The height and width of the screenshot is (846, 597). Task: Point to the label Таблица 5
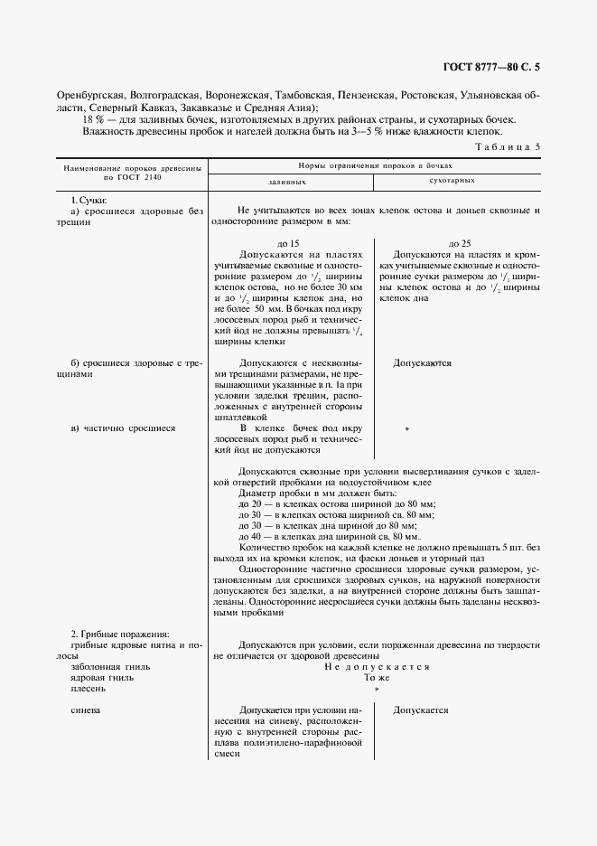[507, 146]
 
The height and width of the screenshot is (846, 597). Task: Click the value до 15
[288, 244]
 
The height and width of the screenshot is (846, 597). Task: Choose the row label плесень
[89, 688]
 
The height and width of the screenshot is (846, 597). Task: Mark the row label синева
[87, 710]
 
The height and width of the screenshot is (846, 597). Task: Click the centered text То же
[377, 677]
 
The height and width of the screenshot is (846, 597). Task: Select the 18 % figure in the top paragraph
[92, 119]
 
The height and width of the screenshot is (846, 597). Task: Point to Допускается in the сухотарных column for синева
[421, 710]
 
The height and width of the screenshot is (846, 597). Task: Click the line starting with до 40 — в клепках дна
[332, 536]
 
